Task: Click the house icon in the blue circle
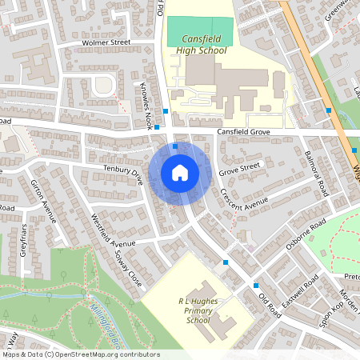pos(180,172)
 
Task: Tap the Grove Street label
pos(240,167)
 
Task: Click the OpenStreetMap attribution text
pos(80,354)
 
